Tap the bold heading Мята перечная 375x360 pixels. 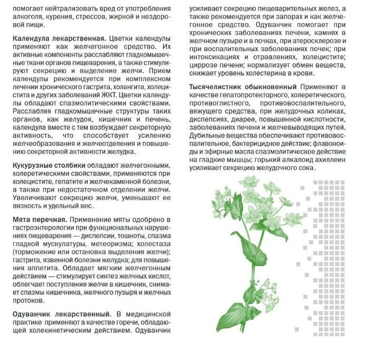tap(40, 219)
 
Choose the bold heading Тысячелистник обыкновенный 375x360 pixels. tap(241, 86)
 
